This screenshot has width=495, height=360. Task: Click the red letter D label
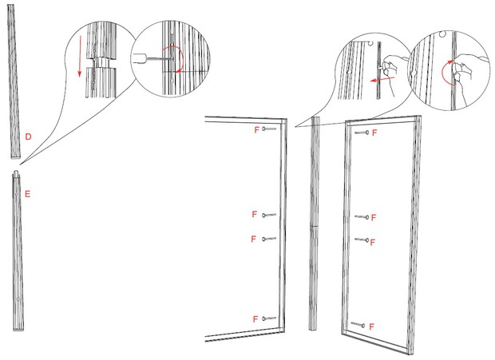[28, 137]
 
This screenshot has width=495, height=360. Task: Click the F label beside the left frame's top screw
[255, 129]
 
